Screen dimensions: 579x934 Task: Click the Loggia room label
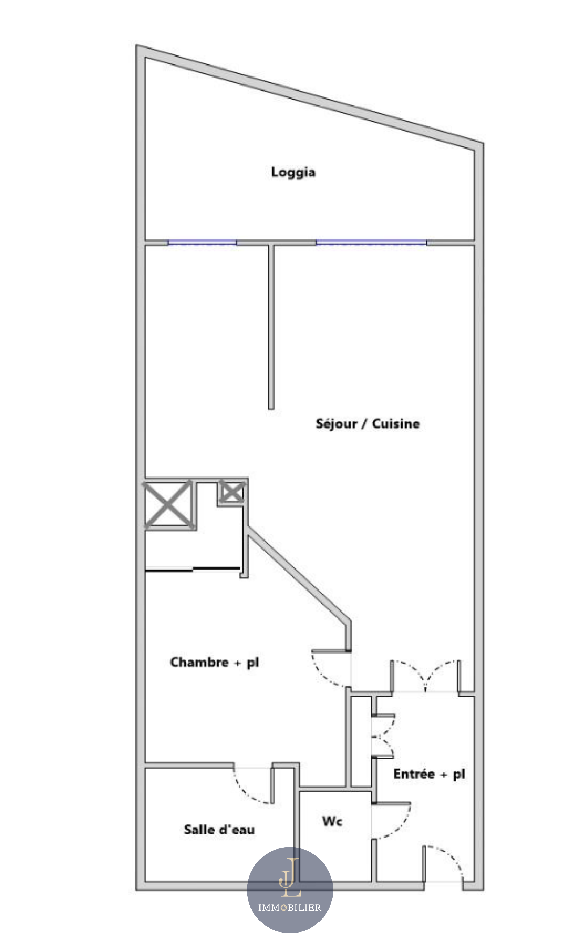click(293, 172)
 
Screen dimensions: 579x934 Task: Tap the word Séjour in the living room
click(336, 424)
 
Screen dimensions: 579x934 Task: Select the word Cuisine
click(396, 424)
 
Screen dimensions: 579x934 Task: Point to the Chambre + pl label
click(215, 662)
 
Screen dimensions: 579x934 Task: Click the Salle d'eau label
click(219, 830)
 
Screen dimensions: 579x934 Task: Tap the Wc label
click(332, 821)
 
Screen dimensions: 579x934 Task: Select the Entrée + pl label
click(429, 774)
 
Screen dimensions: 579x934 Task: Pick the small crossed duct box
click(231, 492)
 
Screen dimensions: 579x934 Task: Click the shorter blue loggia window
click(202, 243)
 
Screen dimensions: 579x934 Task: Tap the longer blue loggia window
click(371, 243)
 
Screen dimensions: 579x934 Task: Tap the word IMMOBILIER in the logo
click(290, 908)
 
